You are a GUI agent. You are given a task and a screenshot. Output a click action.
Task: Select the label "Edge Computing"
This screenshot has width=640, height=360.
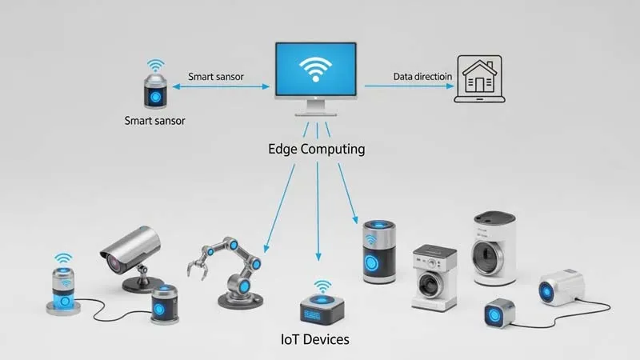[x=318, y=150]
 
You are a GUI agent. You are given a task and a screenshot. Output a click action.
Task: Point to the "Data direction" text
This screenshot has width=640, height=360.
[x=424, y=77]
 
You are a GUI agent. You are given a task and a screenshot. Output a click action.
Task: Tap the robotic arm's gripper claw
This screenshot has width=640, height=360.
[x=196, y=260]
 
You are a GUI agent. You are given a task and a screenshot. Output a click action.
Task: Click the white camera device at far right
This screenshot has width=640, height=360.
[x=558, y=289]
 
